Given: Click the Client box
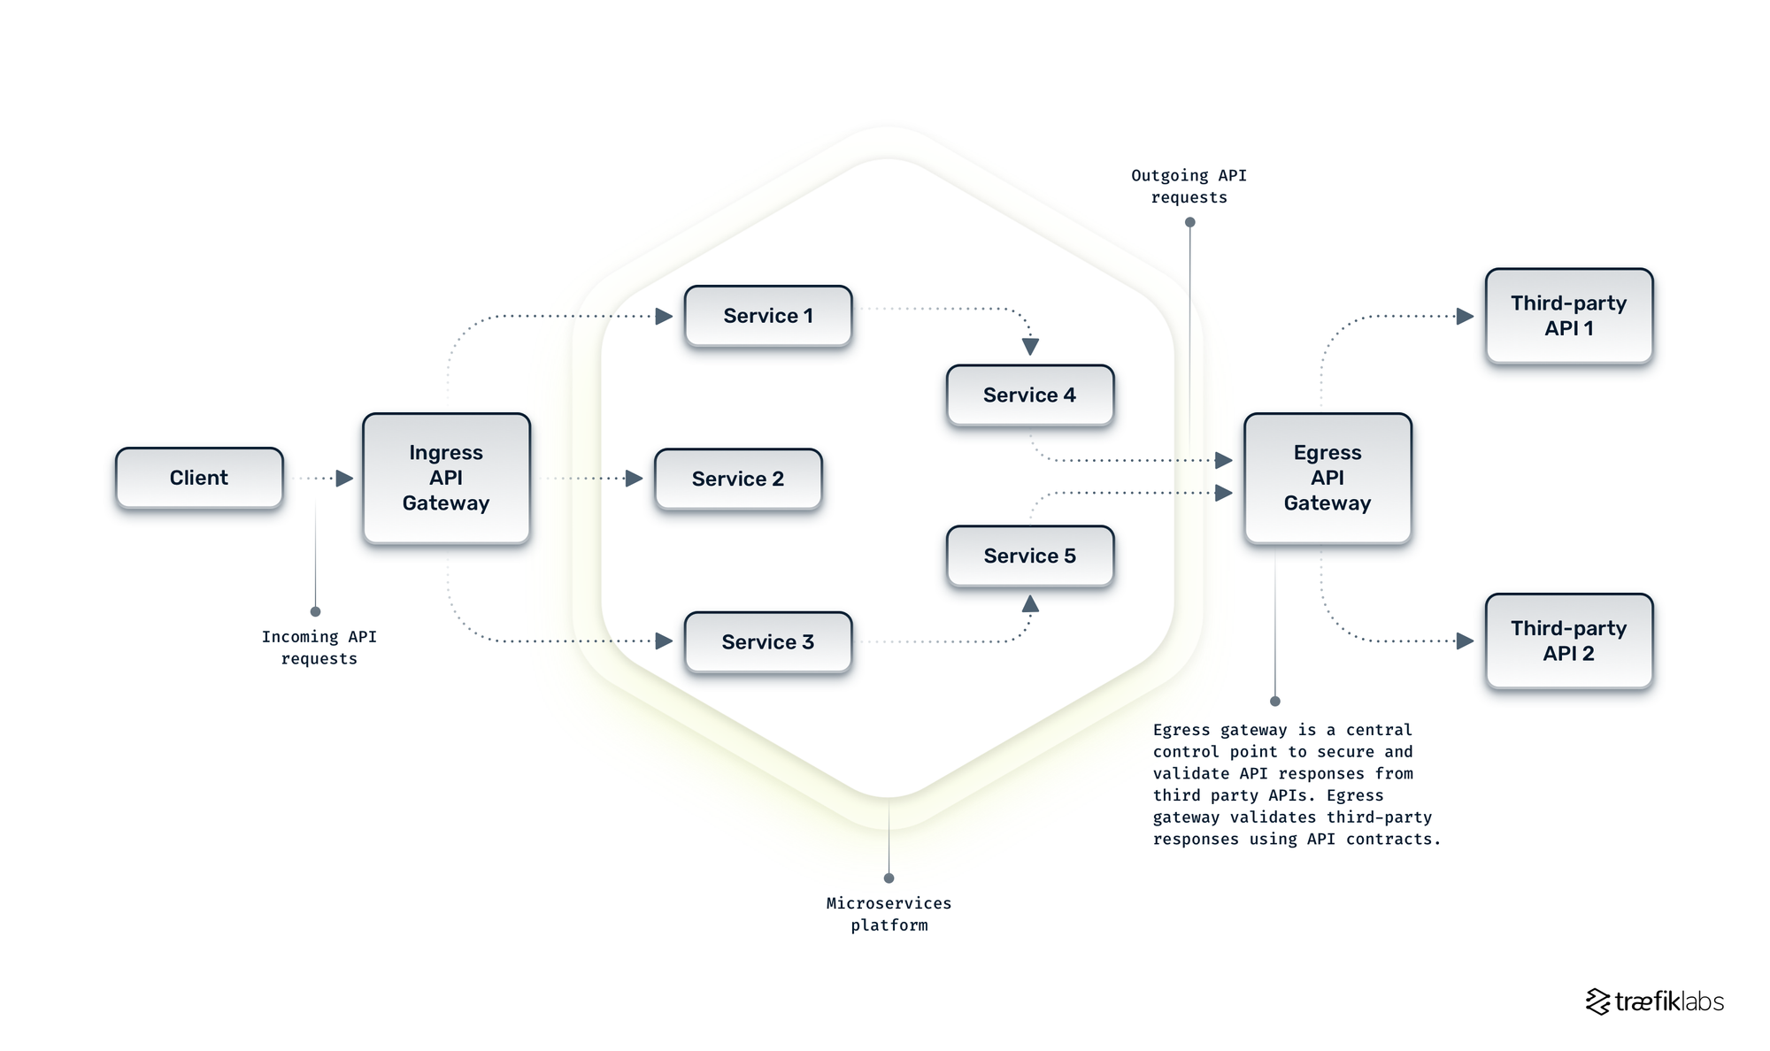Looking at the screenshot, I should click(199, 478).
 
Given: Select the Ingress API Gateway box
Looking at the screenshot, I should click(446, 478).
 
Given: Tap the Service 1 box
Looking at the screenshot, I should click(767, 316).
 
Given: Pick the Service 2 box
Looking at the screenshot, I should click(737, 479).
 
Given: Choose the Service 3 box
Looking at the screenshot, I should click(767, 642).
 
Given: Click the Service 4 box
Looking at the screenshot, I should click(1029, 395).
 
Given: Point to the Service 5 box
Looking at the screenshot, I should click(1029, 556).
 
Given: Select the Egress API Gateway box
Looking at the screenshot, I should click(1327, 478).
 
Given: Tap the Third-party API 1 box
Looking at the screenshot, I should click(1568, 316).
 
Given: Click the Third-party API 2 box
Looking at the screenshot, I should click(1568, 641).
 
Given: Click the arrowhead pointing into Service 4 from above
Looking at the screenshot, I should click(1030, 347).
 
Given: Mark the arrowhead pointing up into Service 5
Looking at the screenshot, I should click(1030, 604).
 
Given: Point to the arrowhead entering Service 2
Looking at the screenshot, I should click(634, 479).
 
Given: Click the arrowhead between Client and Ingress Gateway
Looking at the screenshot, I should click(344, 479).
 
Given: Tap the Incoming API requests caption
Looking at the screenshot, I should click(319, 648).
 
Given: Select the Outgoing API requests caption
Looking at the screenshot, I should click(1189, 187).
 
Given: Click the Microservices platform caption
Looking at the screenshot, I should click(889, 914).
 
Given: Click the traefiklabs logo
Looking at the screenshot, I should click(1654, 1001).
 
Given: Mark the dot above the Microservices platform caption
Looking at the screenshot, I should click(889, 878).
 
